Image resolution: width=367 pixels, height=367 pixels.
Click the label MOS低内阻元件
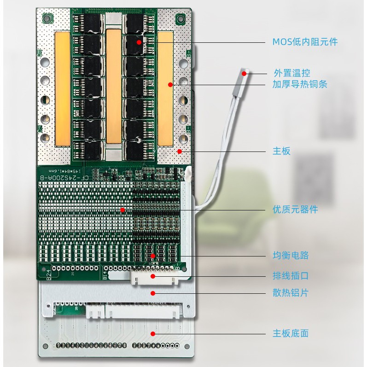point(305,42)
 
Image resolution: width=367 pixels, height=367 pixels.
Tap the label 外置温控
point(291,73)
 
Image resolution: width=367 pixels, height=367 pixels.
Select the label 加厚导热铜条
point(300,84)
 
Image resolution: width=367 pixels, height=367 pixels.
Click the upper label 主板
point(281,151)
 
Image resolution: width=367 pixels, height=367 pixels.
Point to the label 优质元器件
point(295,210)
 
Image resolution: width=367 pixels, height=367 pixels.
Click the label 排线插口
point(291,276)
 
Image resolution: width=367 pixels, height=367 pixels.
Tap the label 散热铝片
point(291,293)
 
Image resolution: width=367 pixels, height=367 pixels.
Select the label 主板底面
point(291,333)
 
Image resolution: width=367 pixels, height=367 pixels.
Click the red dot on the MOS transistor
point(139,42)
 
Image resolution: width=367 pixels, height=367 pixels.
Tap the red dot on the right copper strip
point(170,84)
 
